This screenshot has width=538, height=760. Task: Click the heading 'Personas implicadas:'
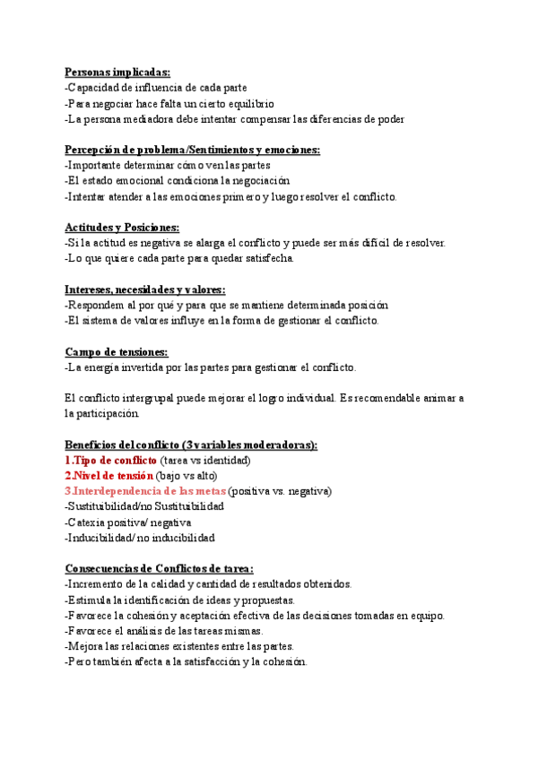pos(117,73)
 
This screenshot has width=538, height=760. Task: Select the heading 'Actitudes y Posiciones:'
pos(122,228)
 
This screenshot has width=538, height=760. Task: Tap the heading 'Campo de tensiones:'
pos(117,351)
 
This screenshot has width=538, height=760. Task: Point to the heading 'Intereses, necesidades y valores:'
pos(145,289)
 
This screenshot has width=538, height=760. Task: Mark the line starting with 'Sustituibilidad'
pos(144,506)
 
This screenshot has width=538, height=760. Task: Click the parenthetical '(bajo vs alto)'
pos(187,476)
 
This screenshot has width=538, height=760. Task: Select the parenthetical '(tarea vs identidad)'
pos(212,460)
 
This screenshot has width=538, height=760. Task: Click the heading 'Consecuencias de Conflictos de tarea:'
pos(160,568)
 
